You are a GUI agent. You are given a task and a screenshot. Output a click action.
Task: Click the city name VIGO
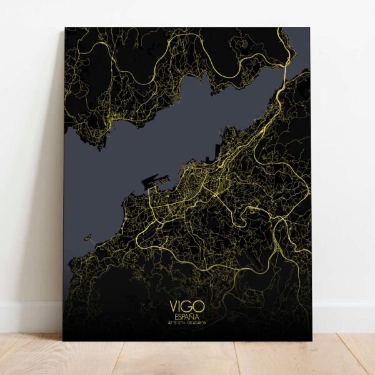tap(186, 308)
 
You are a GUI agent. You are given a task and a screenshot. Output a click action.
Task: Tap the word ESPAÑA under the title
tap(186, 317)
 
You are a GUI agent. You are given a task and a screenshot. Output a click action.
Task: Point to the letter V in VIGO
tap(173, 308)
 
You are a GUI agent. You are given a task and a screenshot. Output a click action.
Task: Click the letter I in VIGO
tap(180, 308)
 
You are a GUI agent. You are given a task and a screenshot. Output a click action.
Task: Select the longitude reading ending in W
tap(196, 322)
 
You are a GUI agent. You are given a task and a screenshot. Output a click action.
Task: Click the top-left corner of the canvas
tap(66, 28)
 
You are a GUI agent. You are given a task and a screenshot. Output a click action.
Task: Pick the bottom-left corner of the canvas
tap(63, 340)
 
